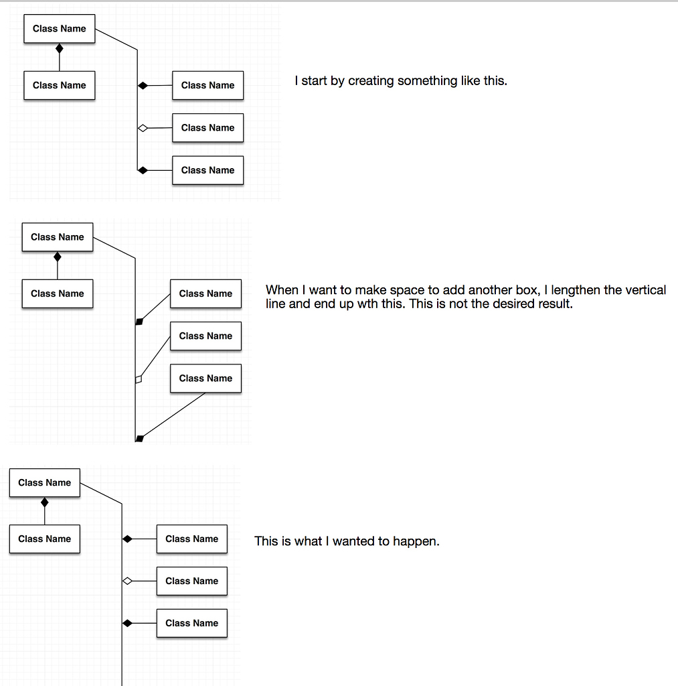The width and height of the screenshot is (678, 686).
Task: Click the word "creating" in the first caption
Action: [371, 81]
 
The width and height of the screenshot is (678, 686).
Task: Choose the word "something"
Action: [428, 81]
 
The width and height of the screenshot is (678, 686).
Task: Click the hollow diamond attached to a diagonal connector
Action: [139, 379]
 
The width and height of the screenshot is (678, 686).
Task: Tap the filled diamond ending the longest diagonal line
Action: [139, 439]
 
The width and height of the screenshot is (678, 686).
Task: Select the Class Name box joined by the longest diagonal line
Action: [205, 379]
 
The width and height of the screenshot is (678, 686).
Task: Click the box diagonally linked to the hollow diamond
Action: [205, 336]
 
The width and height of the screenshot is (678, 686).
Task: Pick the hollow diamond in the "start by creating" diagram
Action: [142, 128]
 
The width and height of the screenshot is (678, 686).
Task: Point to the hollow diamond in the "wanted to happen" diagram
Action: [127, 581]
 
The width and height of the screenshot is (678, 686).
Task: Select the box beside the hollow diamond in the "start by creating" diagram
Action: [207, 128]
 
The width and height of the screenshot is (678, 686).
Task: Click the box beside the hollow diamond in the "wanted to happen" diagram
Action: [192, 581]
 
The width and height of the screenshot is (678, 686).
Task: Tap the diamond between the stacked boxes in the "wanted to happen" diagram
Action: [45, 502]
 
